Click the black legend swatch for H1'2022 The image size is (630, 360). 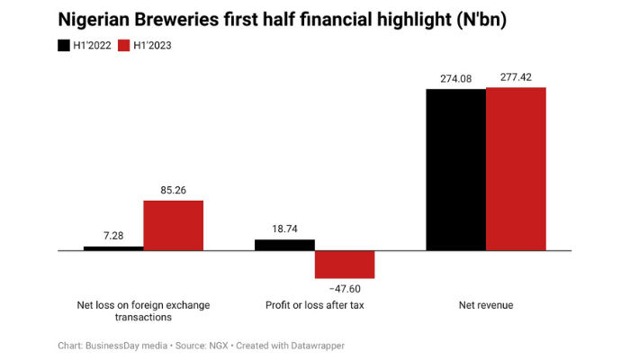point(64,45)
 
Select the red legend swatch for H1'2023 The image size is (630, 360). point(125,45)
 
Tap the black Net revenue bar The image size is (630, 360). point(455,169)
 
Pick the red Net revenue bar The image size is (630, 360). point(516,168)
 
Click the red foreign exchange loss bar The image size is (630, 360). point(173,225)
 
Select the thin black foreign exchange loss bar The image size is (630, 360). point(113,247)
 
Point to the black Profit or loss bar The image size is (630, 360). point(284,245)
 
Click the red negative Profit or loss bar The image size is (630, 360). point(345,264)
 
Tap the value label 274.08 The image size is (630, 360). point(455,79)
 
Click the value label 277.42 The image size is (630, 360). point(516,77)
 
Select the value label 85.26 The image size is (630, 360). point(173,190)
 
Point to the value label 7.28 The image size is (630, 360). point(113,236)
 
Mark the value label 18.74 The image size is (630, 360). point(284,229)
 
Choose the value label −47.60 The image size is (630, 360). point(345,288)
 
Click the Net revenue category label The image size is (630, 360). point(485,305)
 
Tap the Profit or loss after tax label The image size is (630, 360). point(315,305)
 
